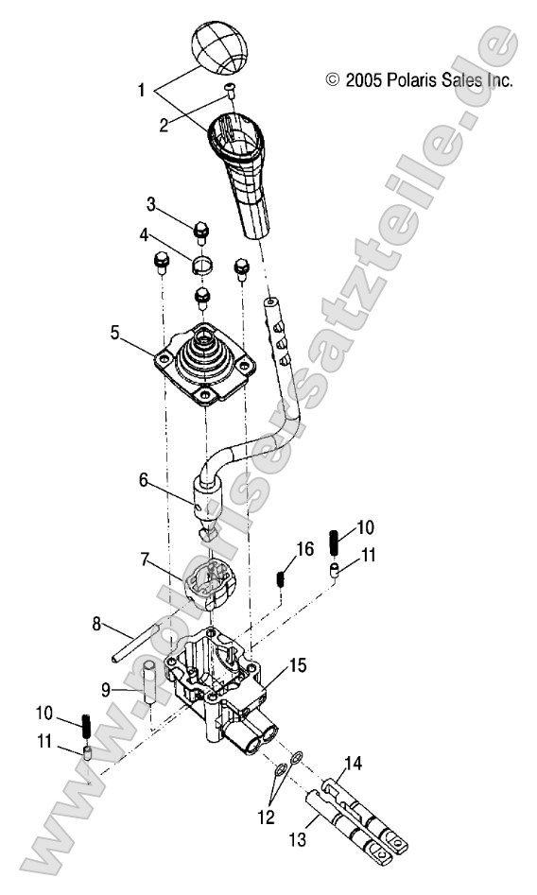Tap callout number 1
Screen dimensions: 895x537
[x=142, y=91]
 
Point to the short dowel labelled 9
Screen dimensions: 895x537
[x=149, y=683]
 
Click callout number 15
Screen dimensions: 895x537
[x=298, y=665]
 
